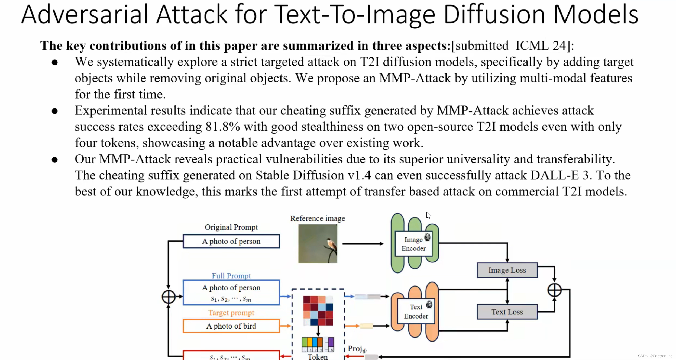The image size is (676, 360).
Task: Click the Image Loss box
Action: click(507, 270)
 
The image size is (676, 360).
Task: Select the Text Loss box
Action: click(507, 312)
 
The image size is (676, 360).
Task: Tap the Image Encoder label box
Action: click(413, 244)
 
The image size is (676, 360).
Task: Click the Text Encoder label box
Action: click(416, 311)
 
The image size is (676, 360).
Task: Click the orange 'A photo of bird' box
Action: click(231, 326)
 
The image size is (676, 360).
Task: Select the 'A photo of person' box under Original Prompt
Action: click(231, 241)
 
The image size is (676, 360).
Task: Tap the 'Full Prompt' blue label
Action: click(231, 276)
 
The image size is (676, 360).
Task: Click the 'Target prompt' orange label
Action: click(231, 313)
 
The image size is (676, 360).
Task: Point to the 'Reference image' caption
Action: click(318, 218)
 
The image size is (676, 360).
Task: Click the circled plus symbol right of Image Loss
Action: click(554, 290)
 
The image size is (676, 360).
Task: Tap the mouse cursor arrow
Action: click(428, 215)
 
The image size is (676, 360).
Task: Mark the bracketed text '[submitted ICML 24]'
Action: click(512, 46)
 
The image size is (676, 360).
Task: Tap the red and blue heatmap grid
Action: click(318, 311)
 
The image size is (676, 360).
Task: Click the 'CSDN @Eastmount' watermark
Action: click(655, 356)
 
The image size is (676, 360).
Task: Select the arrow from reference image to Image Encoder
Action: click(363, 244)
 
